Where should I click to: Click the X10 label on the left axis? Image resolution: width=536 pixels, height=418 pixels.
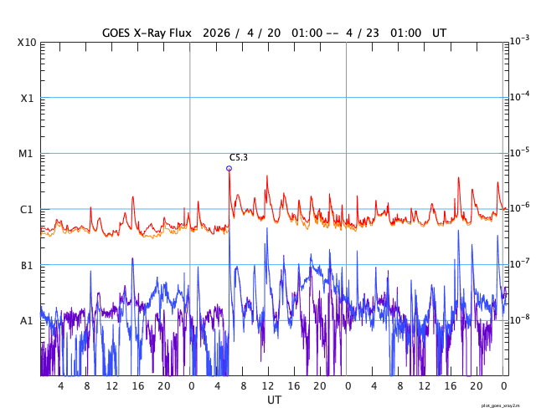coord(27,43)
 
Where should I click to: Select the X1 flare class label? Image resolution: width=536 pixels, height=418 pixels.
coord(27,99)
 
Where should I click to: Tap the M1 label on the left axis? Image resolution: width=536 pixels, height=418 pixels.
coord(27,154)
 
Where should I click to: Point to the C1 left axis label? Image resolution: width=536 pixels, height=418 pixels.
coord(27,210)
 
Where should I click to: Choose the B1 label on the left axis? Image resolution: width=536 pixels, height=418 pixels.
coord(27,266)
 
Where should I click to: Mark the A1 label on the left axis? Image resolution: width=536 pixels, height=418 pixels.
coord(27,321)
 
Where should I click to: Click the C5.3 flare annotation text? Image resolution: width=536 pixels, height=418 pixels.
coord(239,158)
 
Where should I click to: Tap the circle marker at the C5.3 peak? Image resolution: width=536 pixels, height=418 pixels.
coord(229,168)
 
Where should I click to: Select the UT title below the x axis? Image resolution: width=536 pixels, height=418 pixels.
coord(274,400)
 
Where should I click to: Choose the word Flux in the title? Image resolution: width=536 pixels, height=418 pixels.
coord(179,33)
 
